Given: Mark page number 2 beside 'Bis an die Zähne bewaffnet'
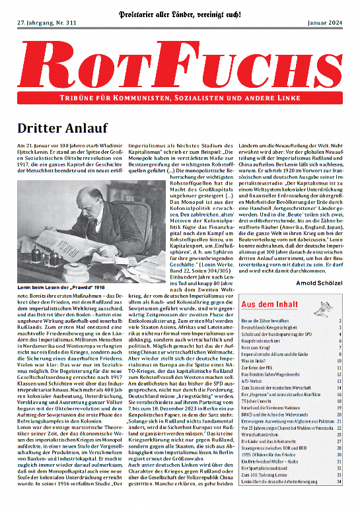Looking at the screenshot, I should pos(340,321).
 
